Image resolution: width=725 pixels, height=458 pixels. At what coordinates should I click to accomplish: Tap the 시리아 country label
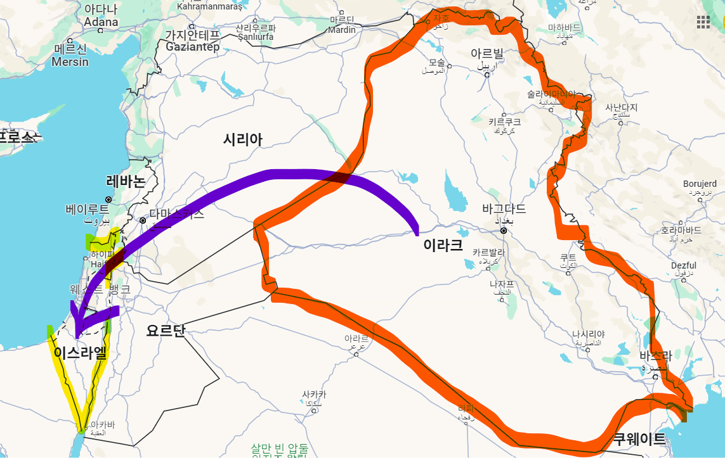coord(242,140)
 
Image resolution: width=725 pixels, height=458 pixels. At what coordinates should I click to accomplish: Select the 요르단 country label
coord(165,330)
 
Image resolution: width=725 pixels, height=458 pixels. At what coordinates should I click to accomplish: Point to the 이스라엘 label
coord(80,353)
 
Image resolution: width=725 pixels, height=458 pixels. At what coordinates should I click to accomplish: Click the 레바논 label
coord(126,181)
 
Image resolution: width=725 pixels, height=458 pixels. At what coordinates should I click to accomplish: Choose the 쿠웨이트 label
coord(639,439)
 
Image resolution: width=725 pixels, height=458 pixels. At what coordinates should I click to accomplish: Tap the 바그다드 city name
coord(504,208)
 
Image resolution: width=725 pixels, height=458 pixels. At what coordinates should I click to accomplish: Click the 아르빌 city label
coord(487,53)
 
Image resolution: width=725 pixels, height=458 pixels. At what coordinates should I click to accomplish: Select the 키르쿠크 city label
coord(504,122)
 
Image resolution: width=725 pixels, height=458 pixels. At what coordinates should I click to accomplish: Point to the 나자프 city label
coord(500,284)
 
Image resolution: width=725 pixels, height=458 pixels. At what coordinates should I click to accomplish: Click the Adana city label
coord(101,22)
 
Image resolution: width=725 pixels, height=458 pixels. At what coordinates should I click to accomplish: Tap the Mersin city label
coord(70,61)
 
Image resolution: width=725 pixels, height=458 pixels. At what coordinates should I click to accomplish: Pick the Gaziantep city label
coord(192,47)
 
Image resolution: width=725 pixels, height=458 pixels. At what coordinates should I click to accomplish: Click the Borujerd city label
coord(700,184)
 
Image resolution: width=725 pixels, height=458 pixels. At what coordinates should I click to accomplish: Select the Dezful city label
coord(683,265)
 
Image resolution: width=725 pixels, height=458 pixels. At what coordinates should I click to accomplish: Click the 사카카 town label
coord(314,395)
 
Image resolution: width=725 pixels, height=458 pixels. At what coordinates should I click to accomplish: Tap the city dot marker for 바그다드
coord(504,231)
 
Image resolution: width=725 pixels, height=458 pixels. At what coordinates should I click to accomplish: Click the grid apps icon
coord(703,22)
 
